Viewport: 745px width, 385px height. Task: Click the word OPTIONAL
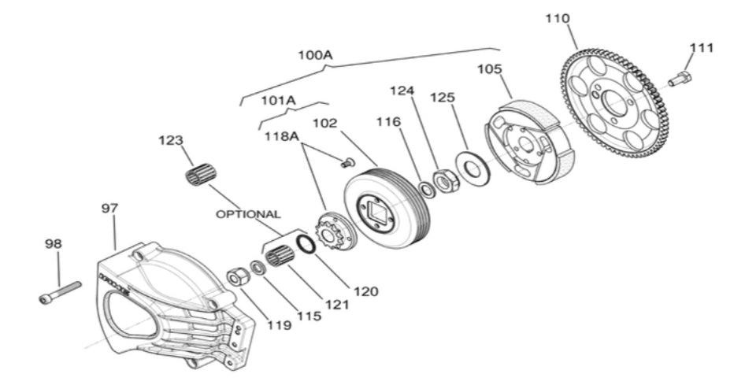(x=248, y=213)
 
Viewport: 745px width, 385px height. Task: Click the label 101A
(x=278, y=101)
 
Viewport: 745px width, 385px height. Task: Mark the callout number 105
(x=489, y=69)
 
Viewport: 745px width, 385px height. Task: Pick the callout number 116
(x=388, y=122)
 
